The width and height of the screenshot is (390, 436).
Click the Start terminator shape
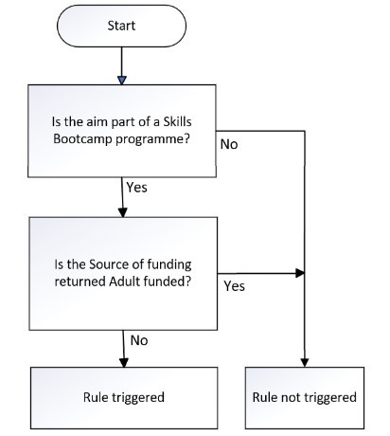(x=121, y=26)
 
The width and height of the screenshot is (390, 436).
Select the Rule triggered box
(x=124, y=398)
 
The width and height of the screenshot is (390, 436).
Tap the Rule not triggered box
(x=305, y=398)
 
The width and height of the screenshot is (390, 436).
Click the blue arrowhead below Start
(x=122, y=81)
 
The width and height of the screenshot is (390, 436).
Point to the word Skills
(x=177, y=121)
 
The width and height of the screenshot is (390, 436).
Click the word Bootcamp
(x=82, y=138)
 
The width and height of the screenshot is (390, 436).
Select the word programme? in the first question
(x=152, y=139)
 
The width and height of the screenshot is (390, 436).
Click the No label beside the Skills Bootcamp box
(x=229, y=144)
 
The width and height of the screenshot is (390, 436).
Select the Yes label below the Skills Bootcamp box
(x=137, y=188)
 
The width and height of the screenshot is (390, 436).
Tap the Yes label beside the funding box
(x=235, y=286)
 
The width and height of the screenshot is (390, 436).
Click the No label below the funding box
(x=139, y=340)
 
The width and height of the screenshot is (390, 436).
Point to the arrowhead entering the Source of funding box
(x=123, y=212)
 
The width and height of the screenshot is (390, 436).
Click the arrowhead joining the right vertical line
(x=300, y=273)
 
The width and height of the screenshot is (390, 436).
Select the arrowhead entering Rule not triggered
(x=305, y=362)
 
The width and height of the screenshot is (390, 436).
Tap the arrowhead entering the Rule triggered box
(x=124, y=363)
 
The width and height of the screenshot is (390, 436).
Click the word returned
(x=80, y=281)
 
